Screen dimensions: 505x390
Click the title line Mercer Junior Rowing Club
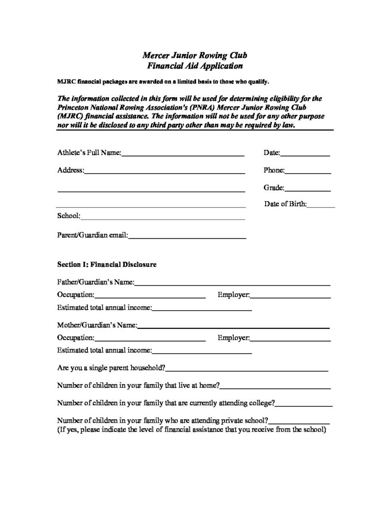pos(195,55)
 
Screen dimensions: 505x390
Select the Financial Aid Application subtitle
pos(195,65)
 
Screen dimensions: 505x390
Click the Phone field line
pos(308,172)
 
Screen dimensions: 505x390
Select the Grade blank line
pos(308,189)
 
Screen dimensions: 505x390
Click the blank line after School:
pos(163,218)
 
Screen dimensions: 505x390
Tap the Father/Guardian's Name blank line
pos(232,285)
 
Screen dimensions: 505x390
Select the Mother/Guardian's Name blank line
pos(233,327)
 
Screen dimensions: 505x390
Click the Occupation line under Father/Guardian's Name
pos(150,297)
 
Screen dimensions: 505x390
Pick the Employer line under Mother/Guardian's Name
pos(290,340)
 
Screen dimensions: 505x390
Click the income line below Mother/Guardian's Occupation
pos(202,353)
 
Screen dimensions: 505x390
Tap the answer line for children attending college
pos(304,405)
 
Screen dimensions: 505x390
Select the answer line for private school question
pos(299,422)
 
